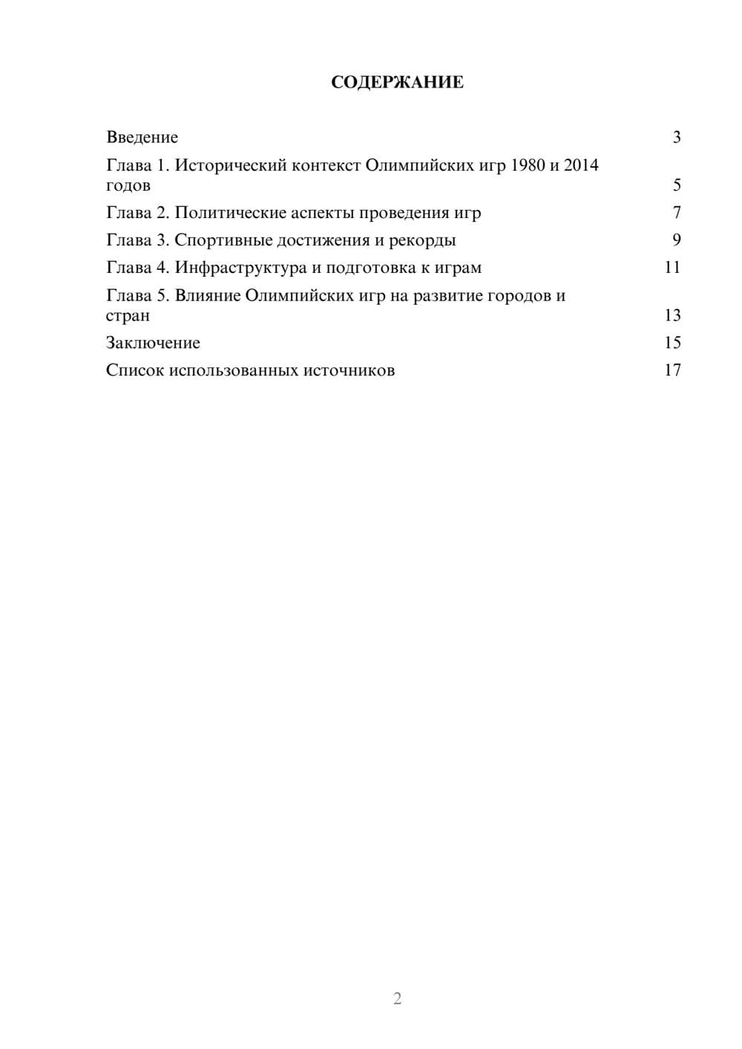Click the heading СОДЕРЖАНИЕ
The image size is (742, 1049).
(397, 82)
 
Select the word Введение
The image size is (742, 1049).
(142, 137)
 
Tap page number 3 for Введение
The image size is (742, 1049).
(677, 137)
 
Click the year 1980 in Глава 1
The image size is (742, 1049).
(527, 165)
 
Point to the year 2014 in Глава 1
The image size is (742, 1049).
(581, 165)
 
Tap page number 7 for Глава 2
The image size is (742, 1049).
(677, 213)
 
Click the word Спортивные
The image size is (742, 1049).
(223, 240)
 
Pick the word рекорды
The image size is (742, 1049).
(423, 240)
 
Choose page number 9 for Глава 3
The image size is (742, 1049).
(677, 240)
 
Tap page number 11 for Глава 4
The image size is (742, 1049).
(672, 267)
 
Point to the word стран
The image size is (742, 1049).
(128, 315)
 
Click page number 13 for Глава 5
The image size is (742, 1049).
(672, 315)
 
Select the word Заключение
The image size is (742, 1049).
(153, 343)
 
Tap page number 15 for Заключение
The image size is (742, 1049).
(672, 343)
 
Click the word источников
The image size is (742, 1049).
(349, 370)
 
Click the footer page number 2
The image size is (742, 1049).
(397, 999)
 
